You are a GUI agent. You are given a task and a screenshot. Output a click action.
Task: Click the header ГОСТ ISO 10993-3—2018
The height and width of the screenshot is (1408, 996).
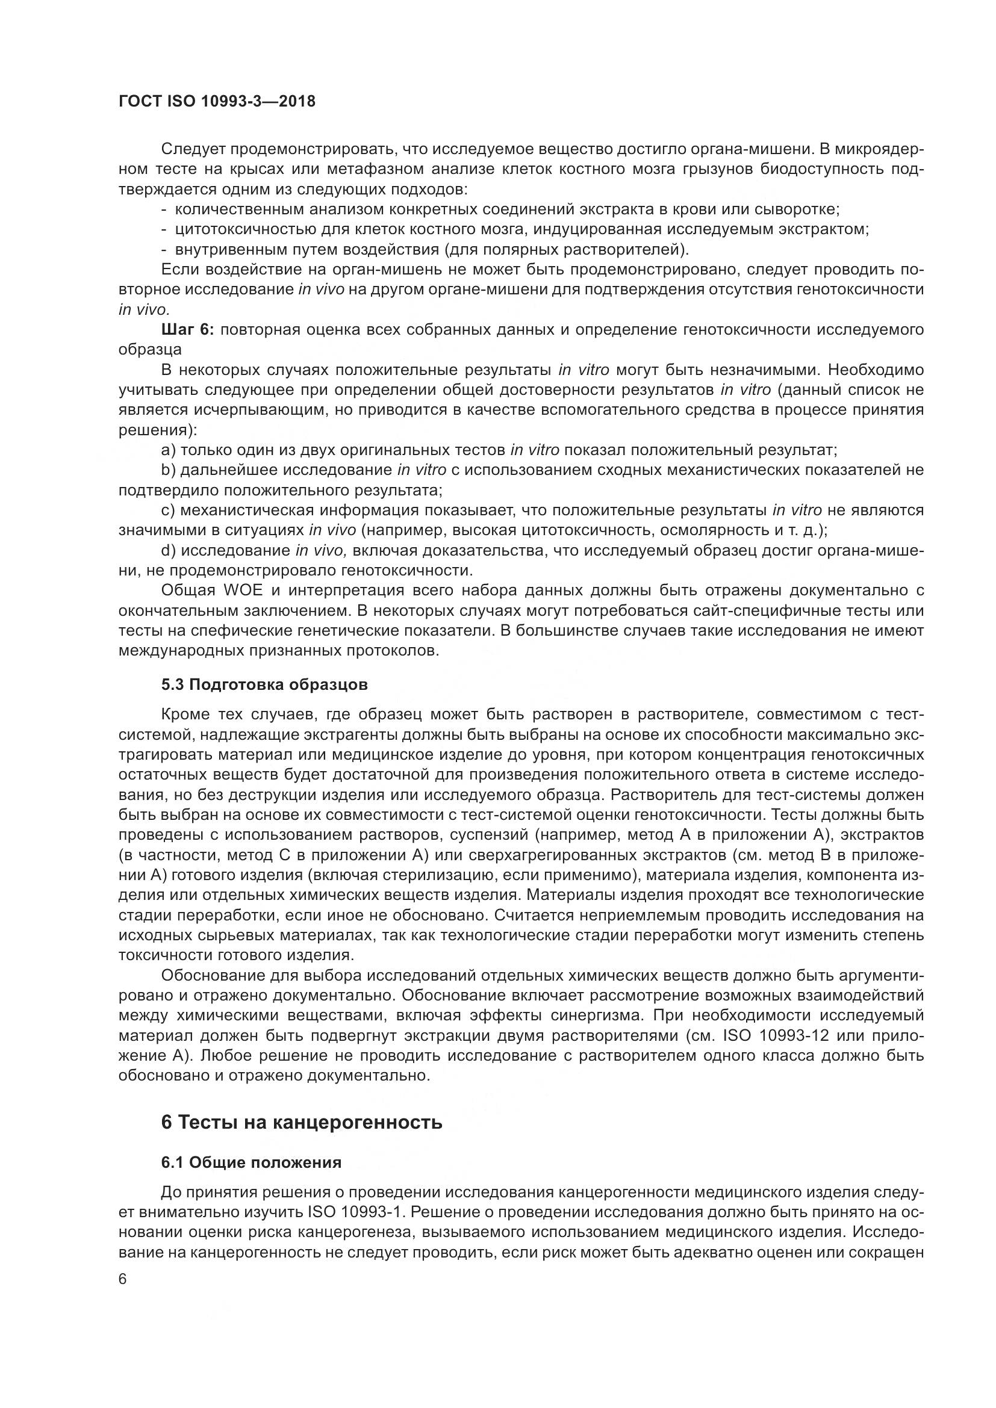click(x=217, y=101)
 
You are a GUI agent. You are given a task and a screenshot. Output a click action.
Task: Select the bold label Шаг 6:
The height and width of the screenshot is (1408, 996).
click(x=187, y=330)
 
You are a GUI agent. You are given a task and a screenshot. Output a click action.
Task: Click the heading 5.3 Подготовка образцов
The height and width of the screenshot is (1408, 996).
click(x=264, y=685)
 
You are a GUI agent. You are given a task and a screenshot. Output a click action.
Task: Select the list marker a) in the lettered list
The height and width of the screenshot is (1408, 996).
click(x=168, y=451)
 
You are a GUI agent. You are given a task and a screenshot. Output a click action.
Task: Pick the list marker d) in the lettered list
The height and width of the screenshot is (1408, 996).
click(x=168, y=551)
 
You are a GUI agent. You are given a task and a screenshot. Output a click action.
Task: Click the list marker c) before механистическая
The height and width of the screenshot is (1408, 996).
click(x=168, y=511)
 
